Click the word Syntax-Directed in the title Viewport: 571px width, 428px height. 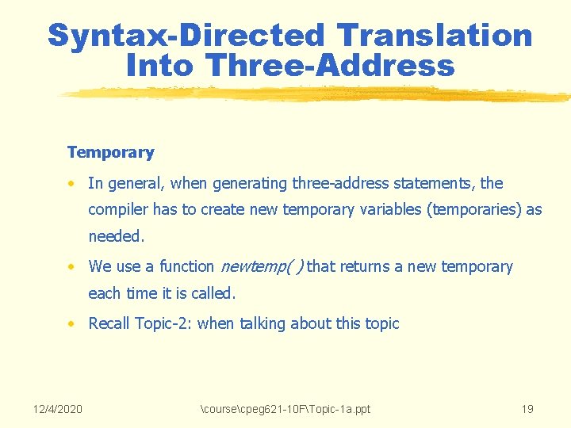pos(186,36)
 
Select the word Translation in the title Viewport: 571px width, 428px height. pos(434,36)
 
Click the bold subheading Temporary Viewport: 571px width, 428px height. pos(110,152)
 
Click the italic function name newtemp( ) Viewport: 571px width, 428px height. pos(261,267)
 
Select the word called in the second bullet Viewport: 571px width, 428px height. pos(213,293)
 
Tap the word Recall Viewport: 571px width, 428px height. pos(109,323)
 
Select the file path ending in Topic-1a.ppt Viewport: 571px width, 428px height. pos(286,409)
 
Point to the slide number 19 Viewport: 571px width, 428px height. pos(527,409)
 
